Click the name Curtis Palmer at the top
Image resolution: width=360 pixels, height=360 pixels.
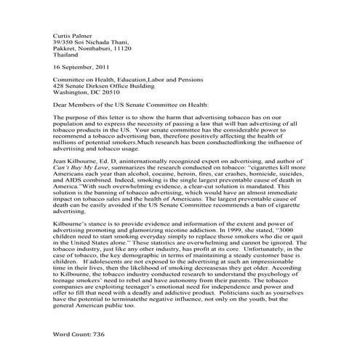pos(75,35)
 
